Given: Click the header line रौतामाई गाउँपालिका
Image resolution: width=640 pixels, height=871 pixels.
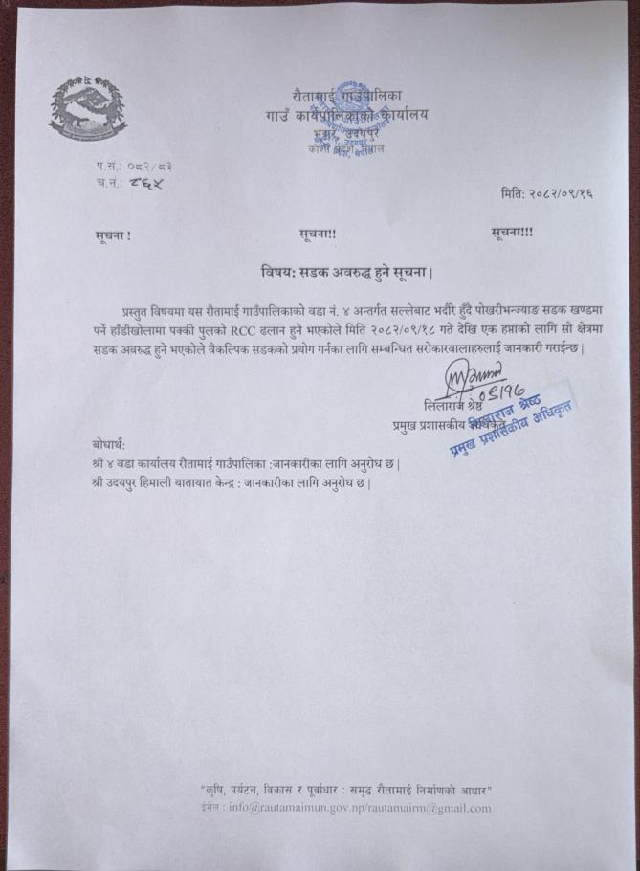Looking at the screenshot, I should (x=350, y=95).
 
